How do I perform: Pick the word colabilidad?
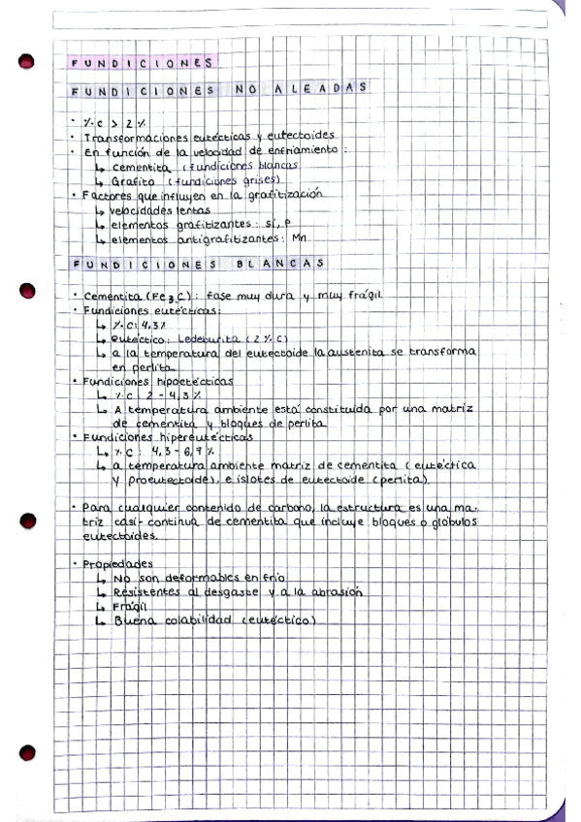click(200, 621)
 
